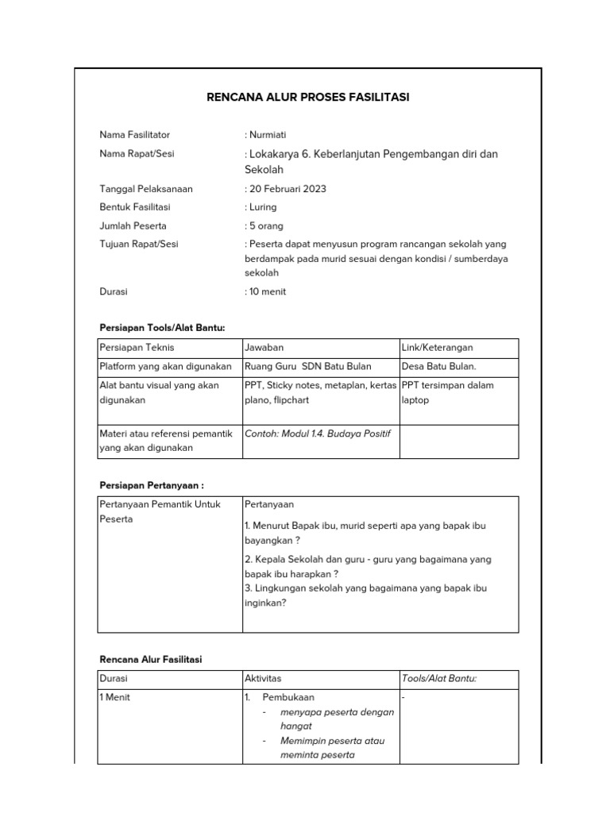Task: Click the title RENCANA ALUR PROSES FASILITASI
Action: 308,98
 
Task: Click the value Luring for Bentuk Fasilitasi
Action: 262,207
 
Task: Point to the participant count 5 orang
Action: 265,225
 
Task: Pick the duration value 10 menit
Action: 267,291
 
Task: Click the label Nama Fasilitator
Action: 134,135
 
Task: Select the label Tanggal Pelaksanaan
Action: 145,189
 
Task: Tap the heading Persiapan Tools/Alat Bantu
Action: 162,328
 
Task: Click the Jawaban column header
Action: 264,348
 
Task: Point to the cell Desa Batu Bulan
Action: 439,366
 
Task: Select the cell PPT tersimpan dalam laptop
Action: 448,392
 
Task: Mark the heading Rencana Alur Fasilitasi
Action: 150,660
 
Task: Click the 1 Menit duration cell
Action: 115,697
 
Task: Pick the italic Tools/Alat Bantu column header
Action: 439,679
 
